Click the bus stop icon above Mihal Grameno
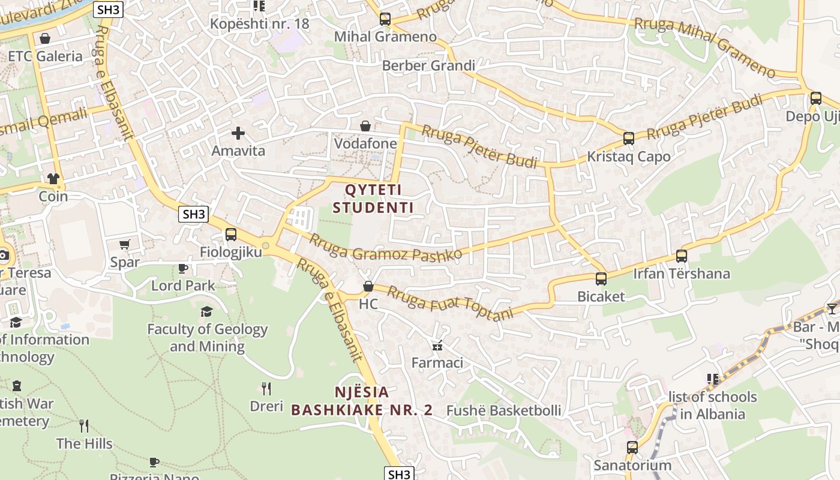(385, 19)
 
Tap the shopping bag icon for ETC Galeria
(44, 39)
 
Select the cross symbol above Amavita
(238, 133)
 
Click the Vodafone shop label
(365, 143)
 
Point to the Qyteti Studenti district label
(373, 199)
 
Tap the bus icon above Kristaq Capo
(628, 139)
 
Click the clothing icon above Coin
(53, 179)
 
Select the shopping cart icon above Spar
(125, 245)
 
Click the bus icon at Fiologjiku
(231, 235)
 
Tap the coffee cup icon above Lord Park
(183, 268)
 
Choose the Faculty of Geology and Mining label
(207, 337)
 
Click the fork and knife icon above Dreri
(266, 389)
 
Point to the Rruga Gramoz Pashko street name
(386, 247)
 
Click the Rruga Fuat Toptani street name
(451, 303)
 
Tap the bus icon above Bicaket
(601, 279)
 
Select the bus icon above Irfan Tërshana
(682, 256)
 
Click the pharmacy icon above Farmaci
(437, 346)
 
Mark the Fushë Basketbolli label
(504, 410)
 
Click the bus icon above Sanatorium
(632, 448)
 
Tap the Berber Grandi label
(428, 65)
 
